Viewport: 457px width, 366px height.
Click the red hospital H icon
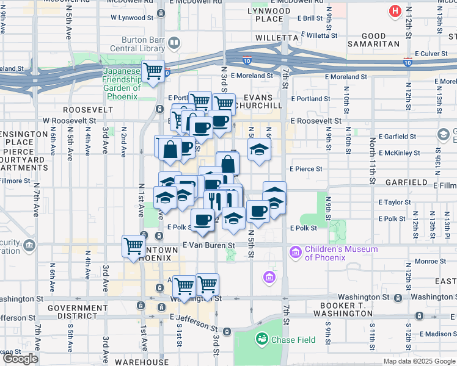[396, 12]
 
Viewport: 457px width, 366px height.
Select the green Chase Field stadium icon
[262, 338]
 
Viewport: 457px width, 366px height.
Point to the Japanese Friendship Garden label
[121, 80]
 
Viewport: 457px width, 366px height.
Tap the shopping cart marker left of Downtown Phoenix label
[133, 246]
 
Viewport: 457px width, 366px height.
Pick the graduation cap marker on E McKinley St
[259, 149]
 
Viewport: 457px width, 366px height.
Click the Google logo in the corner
[20, 359]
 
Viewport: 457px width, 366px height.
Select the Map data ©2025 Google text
[419, 361]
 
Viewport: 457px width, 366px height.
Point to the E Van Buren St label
[209, 245]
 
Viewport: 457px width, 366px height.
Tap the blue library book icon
[175, 43]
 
